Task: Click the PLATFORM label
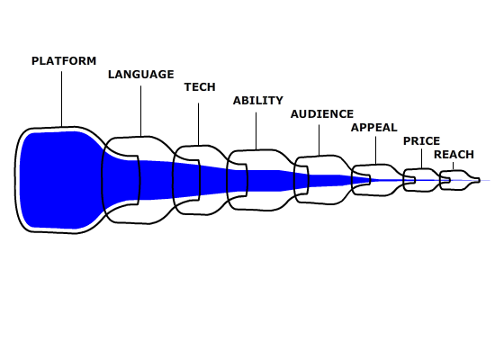pyautogui.click(x=64, y=61)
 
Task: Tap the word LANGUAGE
pyautogui.click(x=141, y=75)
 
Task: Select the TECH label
pyautogui.click(x=200, y=87)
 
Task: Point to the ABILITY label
pyautogui.click(x=258, y=101)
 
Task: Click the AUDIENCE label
pyautogui.click(x=322, y=114)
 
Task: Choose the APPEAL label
pyautogui.click(x=374, y=128)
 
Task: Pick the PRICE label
pyautogui.click(x=422, y=140)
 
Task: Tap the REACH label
pyautogui.click(x=454, y=155)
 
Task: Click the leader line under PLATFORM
pyautogui.click(x=61, y=99)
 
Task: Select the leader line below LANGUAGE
pyautogui.click(x=140, y=112)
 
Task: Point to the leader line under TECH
pyautogui.click(x=199, y=124)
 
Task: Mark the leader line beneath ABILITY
pyautogui.click(x=256, y=131)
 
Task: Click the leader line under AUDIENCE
pyautogui.click(x=319, y=140)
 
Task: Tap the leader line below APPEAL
pyautogui.click(x=375, y=150)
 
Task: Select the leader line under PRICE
pyautogui.click(x=422, y=158)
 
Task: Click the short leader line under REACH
pyautogui.click(x=454, y=166)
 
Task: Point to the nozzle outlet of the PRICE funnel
pyautogui.click(x=414, y=180)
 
